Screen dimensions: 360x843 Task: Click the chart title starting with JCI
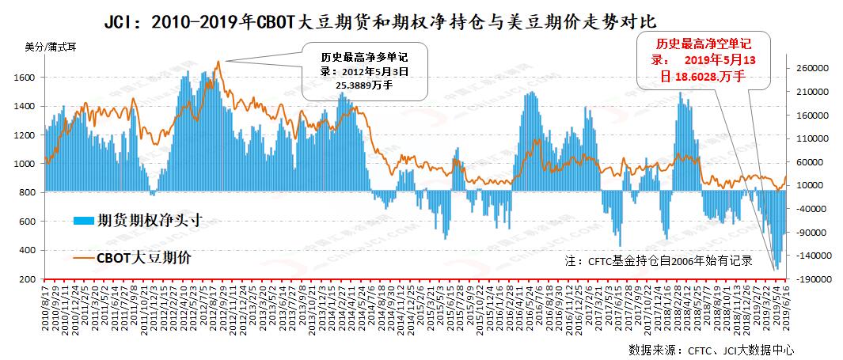coord(380,20)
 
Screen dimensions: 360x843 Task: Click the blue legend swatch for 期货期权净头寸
coord(84,221)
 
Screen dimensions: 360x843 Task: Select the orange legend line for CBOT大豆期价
coord(84,258)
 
